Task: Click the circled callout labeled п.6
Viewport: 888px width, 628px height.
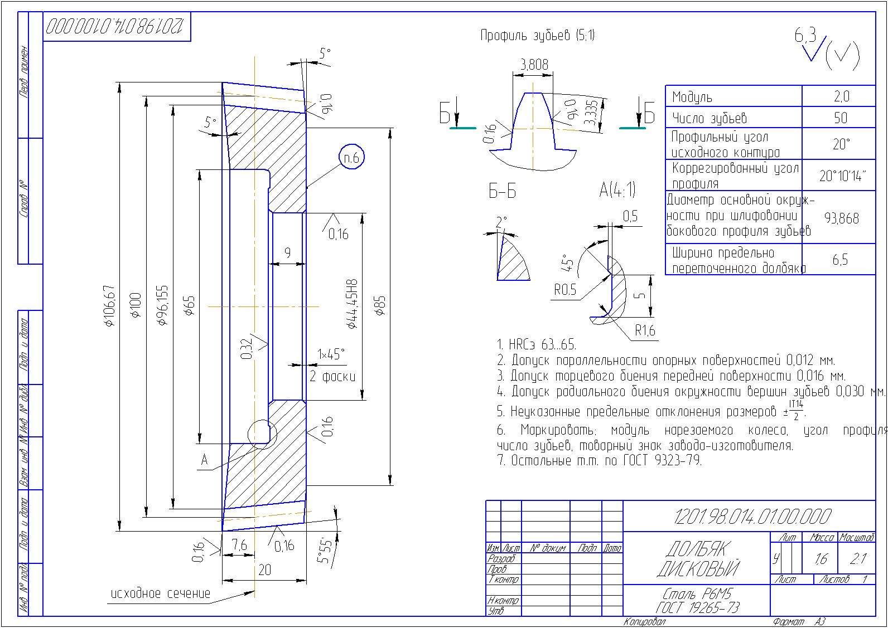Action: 351,158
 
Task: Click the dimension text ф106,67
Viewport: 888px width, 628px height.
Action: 109,305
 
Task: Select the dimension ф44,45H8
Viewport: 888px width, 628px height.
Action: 351,304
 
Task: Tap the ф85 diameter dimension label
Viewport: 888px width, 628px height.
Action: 380,306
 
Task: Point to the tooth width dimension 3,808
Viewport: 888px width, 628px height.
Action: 534,65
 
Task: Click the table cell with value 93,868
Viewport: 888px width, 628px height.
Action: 841,218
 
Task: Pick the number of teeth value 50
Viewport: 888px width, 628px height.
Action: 841,118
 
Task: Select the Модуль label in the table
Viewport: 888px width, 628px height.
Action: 692,97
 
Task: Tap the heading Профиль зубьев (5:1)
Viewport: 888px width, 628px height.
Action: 538,36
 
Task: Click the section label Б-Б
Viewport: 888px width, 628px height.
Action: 502,191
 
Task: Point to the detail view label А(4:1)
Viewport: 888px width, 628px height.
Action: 617,190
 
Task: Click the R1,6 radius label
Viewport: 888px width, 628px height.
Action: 645,331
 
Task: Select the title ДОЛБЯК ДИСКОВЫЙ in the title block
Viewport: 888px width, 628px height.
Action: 698,558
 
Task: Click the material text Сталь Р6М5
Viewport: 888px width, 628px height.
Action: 697,593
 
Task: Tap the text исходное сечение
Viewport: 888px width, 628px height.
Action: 161,594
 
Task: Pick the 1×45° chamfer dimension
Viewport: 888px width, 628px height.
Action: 331,354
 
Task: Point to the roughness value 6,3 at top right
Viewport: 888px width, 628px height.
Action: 805,36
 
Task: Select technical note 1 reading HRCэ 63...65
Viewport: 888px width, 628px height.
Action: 537,344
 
